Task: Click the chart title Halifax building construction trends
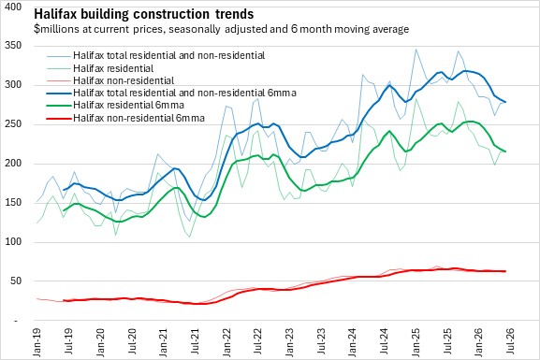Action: pos(143,14)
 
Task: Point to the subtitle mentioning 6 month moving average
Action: pos(222,29)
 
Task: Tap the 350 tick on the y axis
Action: pos(13,46)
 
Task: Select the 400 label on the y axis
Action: pos(13,7)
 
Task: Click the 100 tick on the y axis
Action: pos(13,241)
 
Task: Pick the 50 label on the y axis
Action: pos(16,281)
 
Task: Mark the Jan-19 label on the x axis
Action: pos(36,342)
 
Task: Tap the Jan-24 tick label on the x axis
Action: pos(352,342)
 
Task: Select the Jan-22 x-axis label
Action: pos(226,342)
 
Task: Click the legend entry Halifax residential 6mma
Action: pos(128,105)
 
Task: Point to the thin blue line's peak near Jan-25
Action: pos(416,50)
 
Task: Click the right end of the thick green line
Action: pos(505,151)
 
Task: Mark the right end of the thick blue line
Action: pos(505,102)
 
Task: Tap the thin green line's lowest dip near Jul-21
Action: pos(189,237)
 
